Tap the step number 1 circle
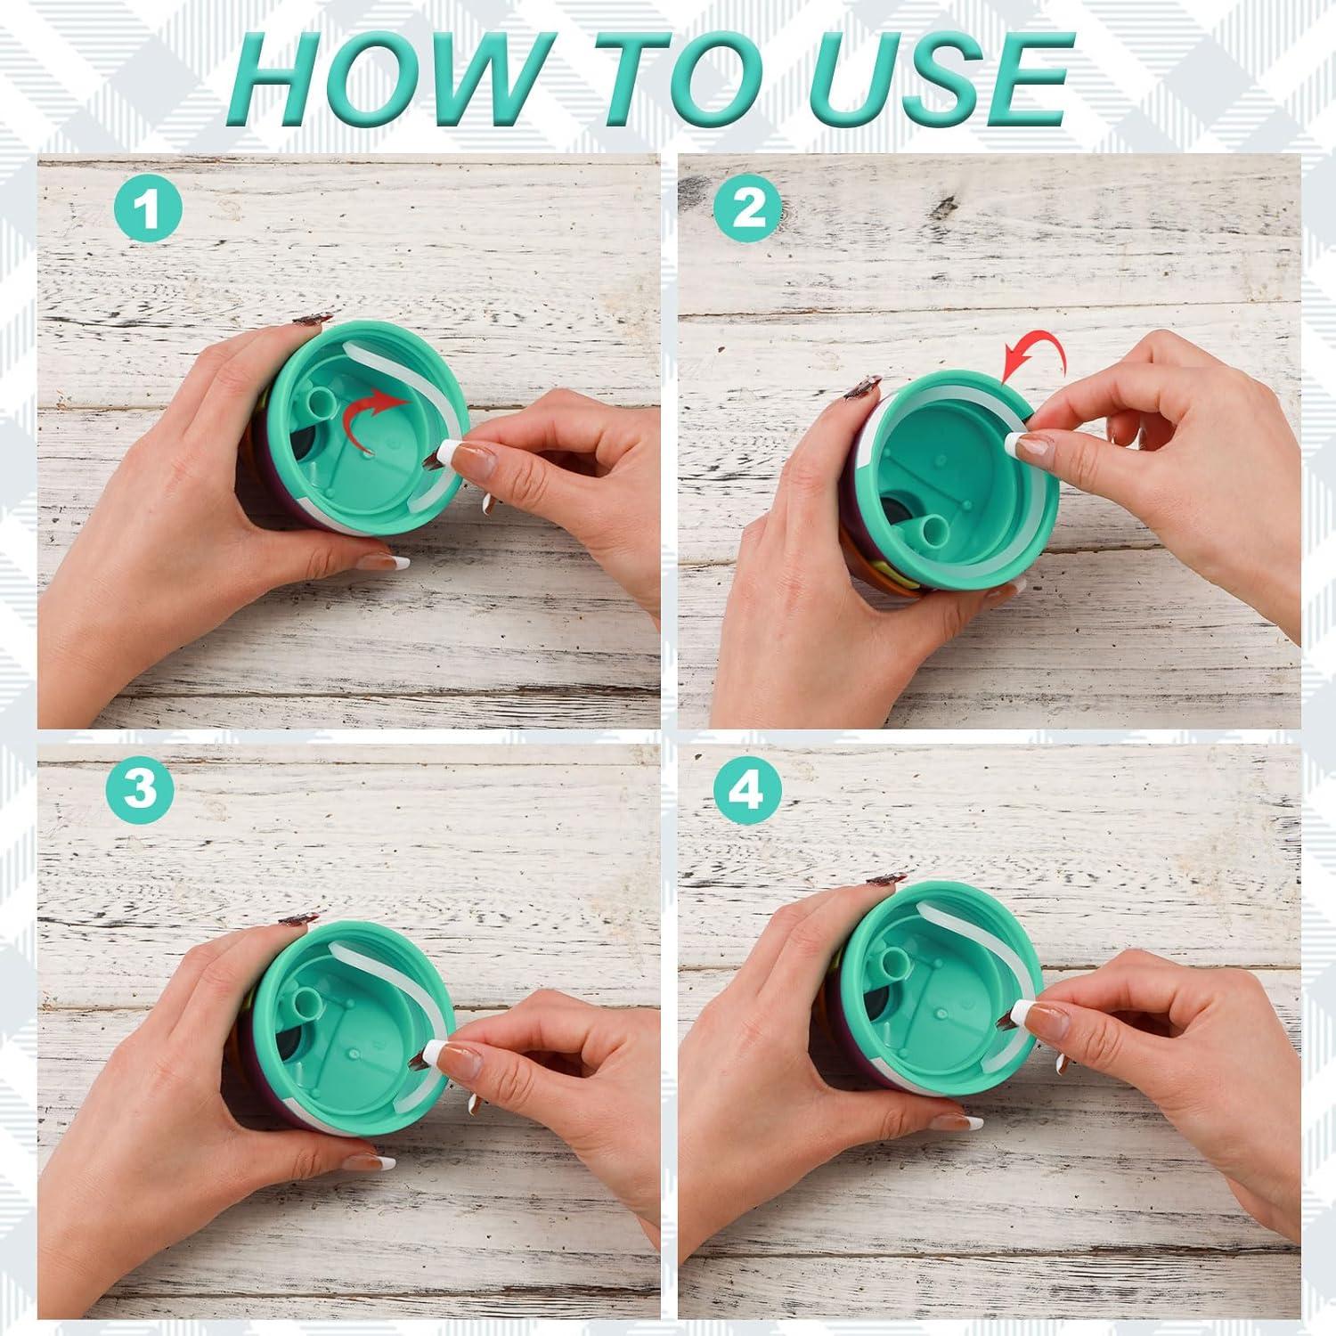click(147, 212)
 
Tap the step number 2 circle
click(748, 210)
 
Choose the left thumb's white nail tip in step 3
click(364, 1161)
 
